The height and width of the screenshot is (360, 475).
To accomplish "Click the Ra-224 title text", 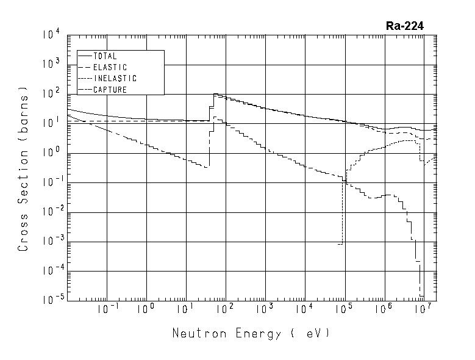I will point(404,26).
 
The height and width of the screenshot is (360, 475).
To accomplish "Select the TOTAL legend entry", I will point(104,56).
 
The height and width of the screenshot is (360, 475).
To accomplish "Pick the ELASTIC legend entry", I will point(110,67).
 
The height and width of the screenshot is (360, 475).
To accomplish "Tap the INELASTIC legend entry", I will point(115,79).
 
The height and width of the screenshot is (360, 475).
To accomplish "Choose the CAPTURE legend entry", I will point(110,90).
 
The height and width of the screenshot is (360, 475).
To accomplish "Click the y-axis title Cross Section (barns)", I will point(24,172).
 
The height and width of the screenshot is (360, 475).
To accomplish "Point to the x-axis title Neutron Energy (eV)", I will point(251,333).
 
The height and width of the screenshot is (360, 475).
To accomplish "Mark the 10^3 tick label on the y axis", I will point(51,63).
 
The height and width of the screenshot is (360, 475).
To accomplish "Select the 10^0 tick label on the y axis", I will point(51,153).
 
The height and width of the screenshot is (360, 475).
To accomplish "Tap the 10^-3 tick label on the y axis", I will point(50,242).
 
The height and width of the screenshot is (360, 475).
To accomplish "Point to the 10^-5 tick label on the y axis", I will point(50,300).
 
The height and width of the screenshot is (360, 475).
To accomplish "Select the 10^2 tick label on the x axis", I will point(224,309).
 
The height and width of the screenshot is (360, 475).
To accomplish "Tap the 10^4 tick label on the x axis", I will point(304,309).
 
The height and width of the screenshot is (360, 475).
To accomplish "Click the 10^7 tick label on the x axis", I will point(422,309).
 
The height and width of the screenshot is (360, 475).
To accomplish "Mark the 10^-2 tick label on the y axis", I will point(50,212).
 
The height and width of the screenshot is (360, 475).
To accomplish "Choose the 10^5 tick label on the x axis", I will point(343,309).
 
